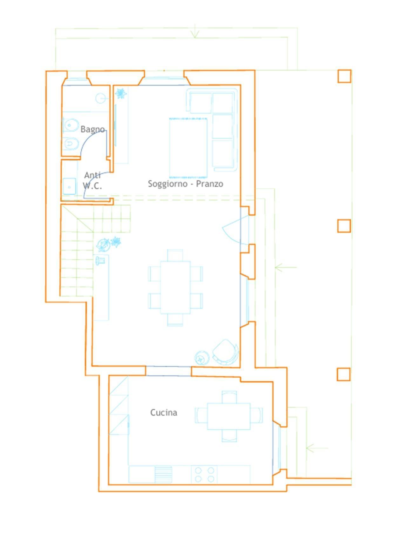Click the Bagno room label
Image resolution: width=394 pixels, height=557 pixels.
(x=92, y=129)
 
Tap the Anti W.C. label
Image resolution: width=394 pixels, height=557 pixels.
(x=92, y=180)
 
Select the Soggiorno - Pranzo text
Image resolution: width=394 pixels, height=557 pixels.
(x=186, y=184)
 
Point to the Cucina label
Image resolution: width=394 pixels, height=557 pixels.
(x=164, y=413)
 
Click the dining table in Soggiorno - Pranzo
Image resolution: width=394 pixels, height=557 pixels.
(x=175, y=287)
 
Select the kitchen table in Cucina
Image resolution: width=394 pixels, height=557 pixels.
(x=229, y=416)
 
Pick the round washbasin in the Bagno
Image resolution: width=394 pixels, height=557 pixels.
(x=101, y=98)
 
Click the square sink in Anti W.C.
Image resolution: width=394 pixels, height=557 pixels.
(x=69, y=186)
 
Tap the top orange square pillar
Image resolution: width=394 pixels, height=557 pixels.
(x=344, y=76)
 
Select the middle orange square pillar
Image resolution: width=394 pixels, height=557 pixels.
(x=344, y=226)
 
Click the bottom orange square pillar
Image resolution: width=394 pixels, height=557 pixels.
(x=343, y=374)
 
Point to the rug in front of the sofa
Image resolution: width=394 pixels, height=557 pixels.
(x=188, y=148)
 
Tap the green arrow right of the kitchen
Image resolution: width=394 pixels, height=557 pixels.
(x=317, y=448)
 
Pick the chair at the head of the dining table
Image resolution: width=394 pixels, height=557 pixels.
(x=175, y=255)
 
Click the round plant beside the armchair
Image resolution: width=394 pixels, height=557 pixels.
(x=201, y=358)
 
